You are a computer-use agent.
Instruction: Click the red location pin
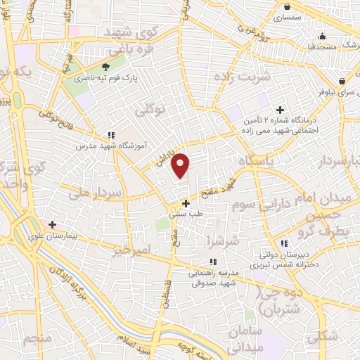181,165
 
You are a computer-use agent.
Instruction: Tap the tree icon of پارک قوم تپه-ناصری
105,67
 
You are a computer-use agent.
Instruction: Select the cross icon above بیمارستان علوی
52,224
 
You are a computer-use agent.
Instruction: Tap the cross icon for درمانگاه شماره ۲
280,110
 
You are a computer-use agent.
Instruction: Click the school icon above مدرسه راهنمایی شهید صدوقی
212,262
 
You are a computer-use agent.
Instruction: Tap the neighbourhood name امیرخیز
132,250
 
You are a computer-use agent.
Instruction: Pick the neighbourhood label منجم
38,338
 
